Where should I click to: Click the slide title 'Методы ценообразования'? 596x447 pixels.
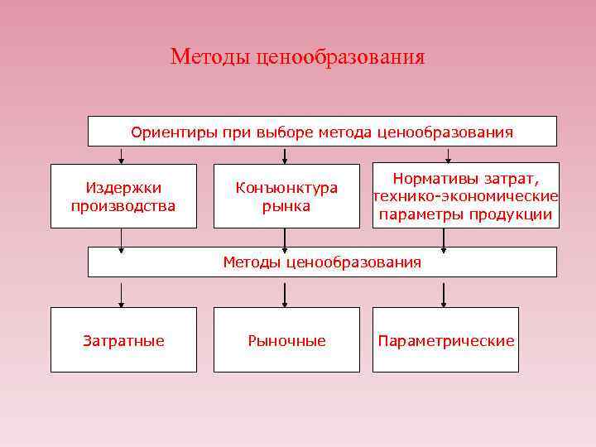click(x=297, y=56)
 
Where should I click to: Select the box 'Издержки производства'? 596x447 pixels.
click(x=123, y=196)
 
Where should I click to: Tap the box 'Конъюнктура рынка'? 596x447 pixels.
click(x=286, y=196)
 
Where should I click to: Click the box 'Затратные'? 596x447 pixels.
click(x=123, y=340)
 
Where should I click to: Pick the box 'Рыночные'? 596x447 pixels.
click(x=286, y=340)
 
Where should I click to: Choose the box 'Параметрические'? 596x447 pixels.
click(x=445, y=340)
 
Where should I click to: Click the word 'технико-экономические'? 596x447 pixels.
click(x=465, y=196)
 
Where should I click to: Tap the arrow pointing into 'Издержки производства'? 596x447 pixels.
click(x=123, y=156)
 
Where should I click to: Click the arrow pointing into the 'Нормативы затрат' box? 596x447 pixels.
click(x=448, y=155)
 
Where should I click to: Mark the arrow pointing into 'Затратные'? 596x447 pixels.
click(x=123, y=295)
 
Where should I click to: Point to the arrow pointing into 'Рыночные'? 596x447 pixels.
click(x=286, y=295)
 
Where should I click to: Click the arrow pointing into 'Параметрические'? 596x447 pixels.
click(x=444, y=295)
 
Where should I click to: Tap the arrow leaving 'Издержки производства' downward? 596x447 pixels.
click(x=123, y=238)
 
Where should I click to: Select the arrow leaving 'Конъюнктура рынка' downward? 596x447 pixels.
click(x=286, y=238)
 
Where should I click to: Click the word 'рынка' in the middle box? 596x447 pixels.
click(x=286, y=205)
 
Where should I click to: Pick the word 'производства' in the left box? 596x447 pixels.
click(x=123, y=205)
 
